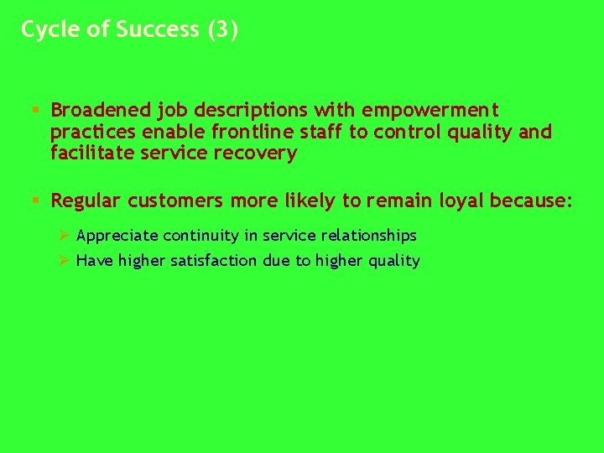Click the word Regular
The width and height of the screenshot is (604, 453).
(86, 201)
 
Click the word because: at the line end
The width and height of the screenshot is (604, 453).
(532, 201)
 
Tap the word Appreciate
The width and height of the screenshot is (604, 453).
(117, 236)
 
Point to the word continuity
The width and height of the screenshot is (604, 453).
(198, 236)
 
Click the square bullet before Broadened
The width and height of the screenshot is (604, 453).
(34, 110)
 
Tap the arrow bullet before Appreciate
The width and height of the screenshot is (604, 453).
(60, 236)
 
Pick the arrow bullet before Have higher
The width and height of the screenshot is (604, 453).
(60, 261)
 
